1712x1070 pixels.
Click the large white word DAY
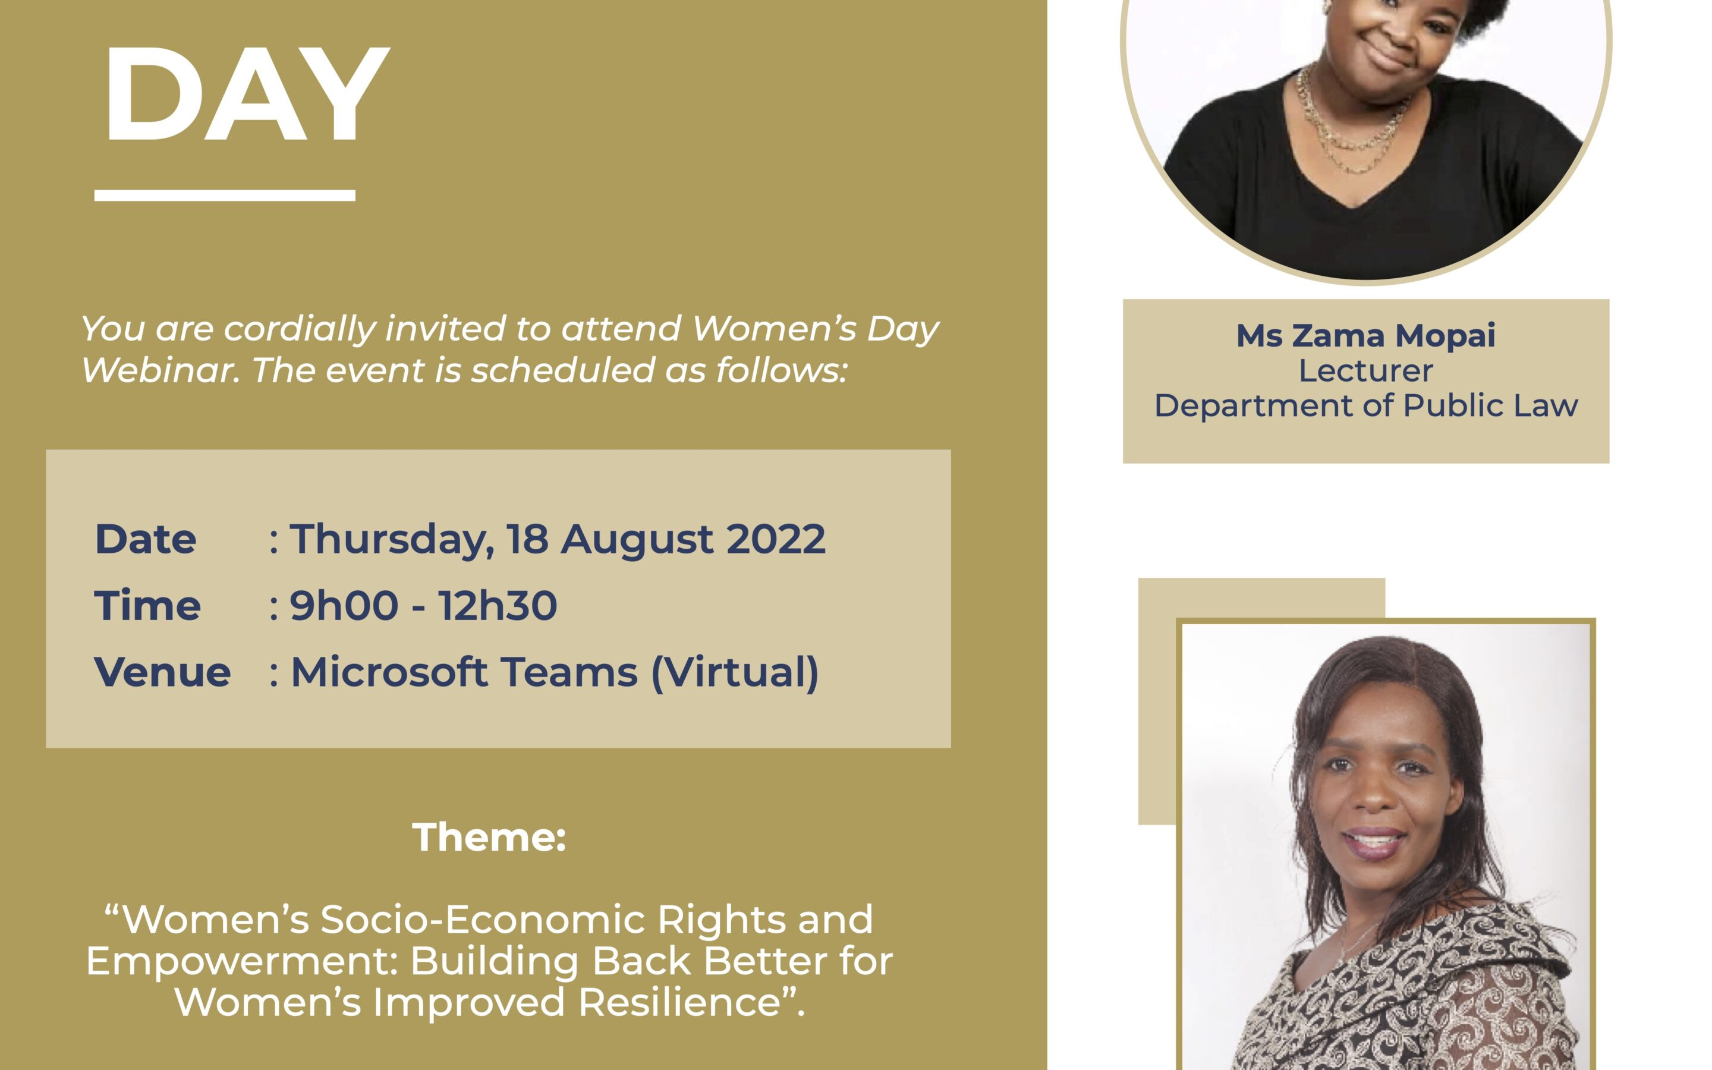(248, 93)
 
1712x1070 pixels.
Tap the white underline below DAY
(225, 196)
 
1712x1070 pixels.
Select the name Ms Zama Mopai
(1365, 335)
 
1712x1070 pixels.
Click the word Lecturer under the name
(1365, 371)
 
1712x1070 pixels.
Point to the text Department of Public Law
(1366, 405)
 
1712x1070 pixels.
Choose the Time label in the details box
(148, 606)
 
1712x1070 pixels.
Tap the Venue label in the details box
(163, 672)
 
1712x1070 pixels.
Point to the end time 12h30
(498, 606)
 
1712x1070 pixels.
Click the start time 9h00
(344, 606)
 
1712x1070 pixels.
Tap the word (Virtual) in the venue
(734, 672)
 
